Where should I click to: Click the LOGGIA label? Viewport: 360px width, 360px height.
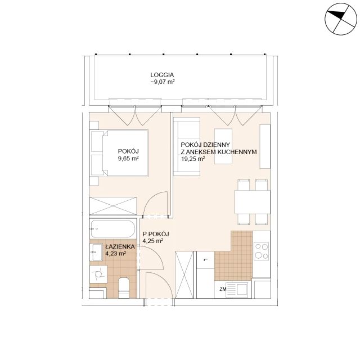(162, 75)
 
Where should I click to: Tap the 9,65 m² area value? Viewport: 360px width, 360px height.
(128, 159)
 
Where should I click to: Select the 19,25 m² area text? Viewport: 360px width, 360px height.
(193, 159)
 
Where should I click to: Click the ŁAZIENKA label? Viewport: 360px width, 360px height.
(120, 247)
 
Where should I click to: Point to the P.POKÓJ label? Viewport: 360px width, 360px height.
(156, 234)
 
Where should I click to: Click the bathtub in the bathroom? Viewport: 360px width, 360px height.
(112, 229)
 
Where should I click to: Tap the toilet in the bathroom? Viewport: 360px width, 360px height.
(124, 288)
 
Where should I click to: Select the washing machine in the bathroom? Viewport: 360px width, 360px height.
(98, 274)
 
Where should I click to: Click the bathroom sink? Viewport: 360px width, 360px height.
(96, 252)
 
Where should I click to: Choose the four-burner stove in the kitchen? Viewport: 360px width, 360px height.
(261, 251)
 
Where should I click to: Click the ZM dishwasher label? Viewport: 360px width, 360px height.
(223, 289)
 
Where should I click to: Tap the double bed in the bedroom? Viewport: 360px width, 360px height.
(119, 153)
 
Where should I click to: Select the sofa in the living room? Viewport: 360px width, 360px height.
(187, 146)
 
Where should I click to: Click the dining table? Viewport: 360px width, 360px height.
(253, 202)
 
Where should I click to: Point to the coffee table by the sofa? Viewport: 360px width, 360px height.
(223, 146)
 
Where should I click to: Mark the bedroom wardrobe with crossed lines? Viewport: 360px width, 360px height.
(113, 206)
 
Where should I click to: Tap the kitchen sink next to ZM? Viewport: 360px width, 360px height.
(237, 290)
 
